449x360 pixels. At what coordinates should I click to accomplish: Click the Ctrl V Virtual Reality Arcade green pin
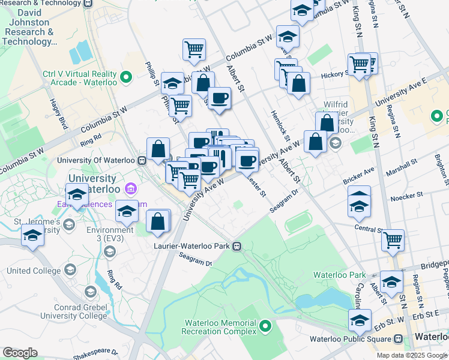click(126, 77)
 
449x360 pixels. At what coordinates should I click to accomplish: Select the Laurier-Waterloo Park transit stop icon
click(237, 245)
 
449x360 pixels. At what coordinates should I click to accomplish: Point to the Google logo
click(20, 353)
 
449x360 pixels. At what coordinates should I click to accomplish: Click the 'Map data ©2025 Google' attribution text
click(411, 355)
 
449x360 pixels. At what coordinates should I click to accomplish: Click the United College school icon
click(70, 271)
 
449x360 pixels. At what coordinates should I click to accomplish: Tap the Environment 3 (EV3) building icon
click(109, 251)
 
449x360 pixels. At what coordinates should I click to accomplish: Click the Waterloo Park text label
click(339, 275)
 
